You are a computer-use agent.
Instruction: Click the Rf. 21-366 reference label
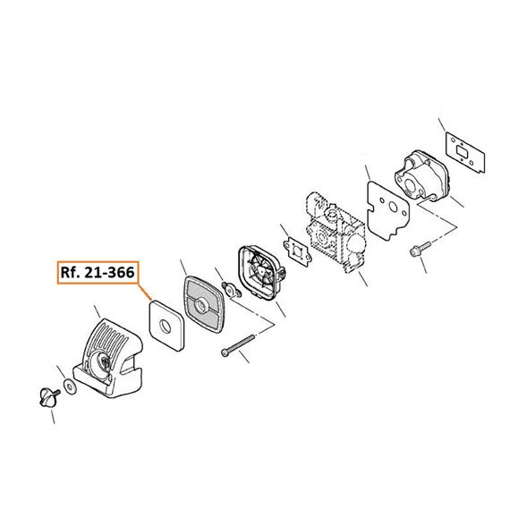click(x=98, y=273)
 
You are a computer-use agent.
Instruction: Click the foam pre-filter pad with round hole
click(x=166, y=326)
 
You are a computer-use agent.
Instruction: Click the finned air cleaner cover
click(x=108, y=358)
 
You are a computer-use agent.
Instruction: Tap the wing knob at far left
click(x=48, y=397)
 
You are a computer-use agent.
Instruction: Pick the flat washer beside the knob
click(x=70, y=386)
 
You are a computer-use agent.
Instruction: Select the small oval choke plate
click(x=232, y=290)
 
